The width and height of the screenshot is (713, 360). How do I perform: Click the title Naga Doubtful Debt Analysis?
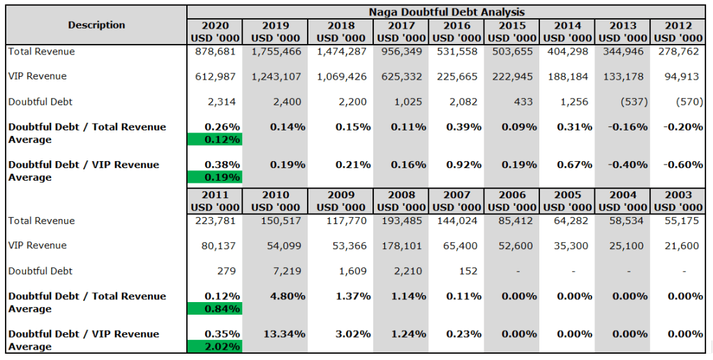click(446, 12)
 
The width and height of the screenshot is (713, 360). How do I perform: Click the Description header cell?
click(97, 25)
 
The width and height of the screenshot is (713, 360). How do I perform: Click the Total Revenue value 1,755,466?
click(276, 52)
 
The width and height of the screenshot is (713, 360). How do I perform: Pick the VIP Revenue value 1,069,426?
click(341, 76)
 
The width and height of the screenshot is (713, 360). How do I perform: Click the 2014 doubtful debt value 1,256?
click(574, 102)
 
